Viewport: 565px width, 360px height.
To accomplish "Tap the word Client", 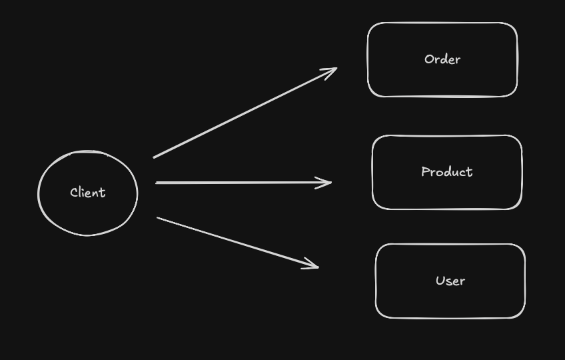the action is point(87,193).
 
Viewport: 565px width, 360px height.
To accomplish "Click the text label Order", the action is point(442,59).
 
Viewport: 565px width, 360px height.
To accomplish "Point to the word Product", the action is point(446,172).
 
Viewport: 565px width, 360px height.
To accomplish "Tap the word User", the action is point(450,281).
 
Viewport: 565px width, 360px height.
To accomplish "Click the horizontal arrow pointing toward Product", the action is point(243,182).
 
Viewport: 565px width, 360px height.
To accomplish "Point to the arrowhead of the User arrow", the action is point(316,267).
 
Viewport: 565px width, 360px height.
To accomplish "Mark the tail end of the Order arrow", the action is point(155,157).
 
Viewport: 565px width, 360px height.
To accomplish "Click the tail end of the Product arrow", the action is point(157,182).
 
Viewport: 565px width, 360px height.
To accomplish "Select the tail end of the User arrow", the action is point(159,218).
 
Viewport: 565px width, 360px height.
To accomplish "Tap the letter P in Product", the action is point(425,172).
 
